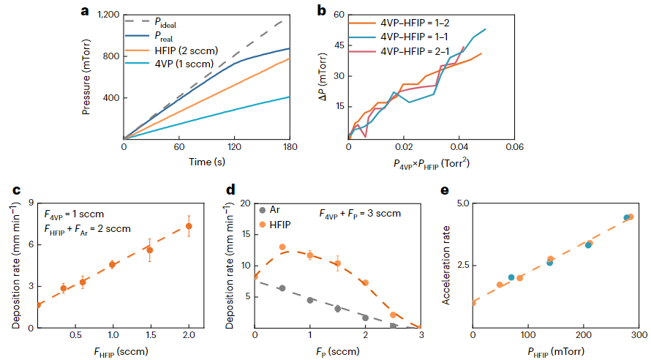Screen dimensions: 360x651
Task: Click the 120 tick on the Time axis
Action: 233,147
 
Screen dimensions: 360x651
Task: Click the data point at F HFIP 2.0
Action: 189,226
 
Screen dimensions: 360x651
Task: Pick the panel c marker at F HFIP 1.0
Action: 112,264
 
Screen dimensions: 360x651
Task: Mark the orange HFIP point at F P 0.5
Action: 282,247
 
